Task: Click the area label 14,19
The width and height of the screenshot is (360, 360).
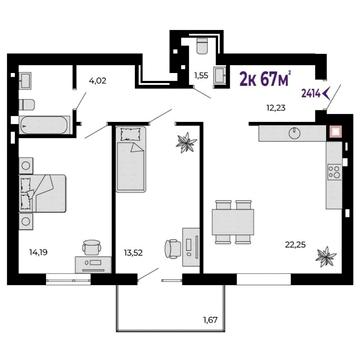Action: click(x=38, y=252)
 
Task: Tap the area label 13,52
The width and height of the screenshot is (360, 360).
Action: click(x=133, y=253)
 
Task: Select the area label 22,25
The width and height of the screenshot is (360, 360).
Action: click(x=296, y=245)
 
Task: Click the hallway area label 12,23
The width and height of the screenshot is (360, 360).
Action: click(x=276, y=108)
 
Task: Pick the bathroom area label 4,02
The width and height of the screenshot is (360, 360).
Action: click(x=98, y=80)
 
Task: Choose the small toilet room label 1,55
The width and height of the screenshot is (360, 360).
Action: click(x=201, y=76)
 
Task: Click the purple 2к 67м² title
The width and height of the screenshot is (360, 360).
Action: click(x=266, y=79)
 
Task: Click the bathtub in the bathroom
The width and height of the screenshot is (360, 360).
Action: click(x=45, y=125)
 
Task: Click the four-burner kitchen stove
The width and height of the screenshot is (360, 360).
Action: click(x=334, y=171)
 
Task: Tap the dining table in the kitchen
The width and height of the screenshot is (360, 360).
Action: click(x=233, y=222)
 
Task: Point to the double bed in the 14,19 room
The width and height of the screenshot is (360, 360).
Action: click(x=43, y=193)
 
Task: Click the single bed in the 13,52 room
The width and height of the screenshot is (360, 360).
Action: click(x=131, y=159)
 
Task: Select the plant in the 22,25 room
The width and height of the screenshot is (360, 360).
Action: click(x=326, y=256)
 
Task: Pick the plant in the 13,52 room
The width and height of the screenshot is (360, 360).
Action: click(x=187, y=142)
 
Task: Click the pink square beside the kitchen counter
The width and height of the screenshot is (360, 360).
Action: click(x=334, y=132)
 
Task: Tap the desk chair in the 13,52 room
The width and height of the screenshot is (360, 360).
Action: click(x=173, y=248)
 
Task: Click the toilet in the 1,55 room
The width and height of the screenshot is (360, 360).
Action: click(x=202, y=46)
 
